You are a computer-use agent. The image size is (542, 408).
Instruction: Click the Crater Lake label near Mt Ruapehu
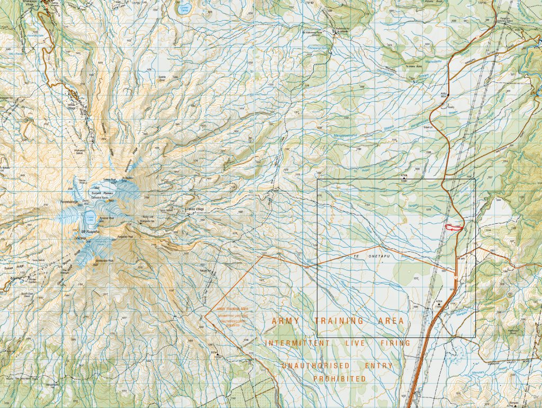coord(90,217)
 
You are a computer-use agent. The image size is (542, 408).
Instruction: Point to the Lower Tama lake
coord(184,9)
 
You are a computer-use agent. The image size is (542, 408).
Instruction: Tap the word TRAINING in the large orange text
coord(339,321)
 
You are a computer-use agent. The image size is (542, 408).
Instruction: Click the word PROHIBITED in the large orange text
coord(339,379)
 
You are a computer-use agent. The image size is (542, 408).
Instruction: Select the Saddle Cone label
coord(162,77)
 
